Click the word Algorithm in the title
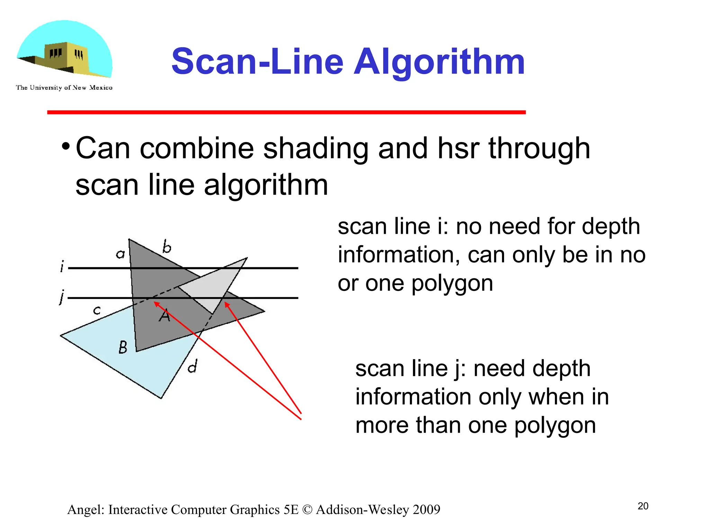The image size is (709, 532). click(439, 62)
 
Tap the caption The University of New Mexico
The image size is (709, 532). click(64, 88)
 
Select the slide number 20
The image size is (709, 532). click(643, 506)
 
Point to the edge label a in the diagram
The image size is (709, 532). click(120, 255)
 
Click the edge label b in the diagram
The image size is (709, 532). click(167, 247)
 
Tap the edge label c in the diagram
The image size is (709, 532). click(97, 310)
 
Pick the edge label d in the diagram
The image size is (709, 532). click(193, 366)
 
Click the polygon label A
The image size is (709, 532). click(164, 315)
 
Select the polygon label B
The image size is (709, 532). click(123, 347)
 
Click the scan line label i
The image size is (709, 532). click(62, 267)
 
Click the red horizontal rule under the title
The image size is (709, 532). click(286, 112)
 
